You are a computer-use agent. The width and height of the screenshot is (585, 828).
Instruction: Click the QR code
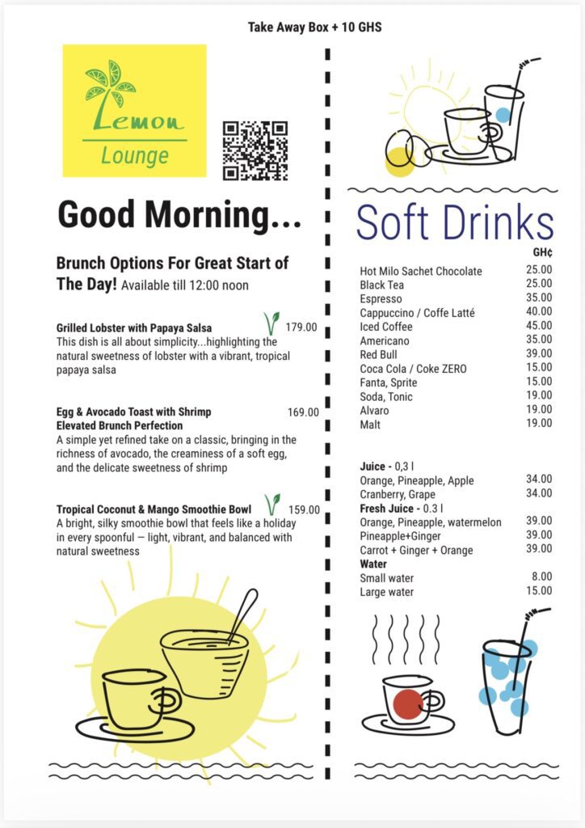255,150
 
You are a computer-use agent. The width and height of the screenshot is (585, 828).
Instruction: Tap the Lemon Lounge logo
135,111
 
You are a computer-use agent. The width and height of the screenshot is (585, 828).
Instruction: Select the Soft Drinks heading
455,222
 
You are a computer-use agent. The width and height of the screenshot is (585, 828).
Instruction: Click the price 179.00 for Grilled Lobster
301,327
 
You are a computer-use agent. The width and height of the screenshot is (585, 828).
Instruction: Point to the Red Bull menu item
377,354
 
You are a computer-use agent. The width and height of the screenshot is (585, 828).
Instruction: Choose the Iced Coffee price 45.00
539,326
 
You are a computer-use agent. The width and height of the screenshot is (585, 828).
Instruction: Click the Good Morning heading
179,216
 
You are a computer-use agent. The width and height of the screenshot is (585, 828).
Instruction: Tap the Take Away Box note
314,27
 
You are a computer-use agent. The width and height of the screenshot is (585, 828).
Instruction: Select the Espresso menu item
381,298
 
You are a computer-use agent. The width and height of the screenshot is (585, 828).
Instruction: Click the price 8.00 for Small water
542,577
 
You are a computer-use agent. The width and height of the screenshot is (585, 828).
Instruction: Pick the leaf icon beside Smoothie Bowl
273,505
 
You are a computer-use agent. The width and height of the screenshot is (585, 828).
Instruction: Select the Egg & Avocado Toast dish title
133,412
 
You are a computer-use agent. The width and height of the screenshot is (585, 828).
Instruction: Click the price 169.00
303,412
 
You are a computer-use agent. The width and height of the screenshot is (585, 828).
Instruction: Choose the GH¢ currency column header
541,252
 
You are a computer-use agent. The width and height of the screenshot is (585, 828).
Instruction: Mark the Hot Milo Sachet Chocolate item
421,271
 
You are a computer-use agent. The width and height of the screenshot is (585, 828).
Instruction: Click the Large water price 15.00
539,591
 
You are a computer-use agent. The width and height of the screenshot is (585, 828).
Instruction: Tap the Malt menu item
370,424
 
